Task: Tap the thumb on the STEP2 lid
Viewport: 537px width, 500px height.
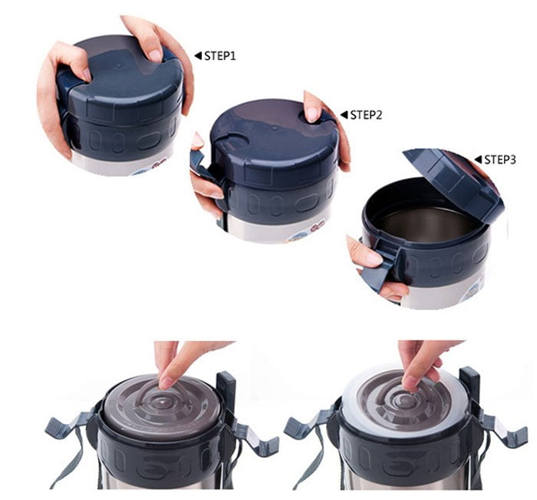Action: pyautogui.click(x=313, y=112)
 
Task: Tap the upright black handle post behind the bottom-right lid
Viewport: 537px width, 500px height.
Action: pyautogui.click(x=469, y=388)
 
